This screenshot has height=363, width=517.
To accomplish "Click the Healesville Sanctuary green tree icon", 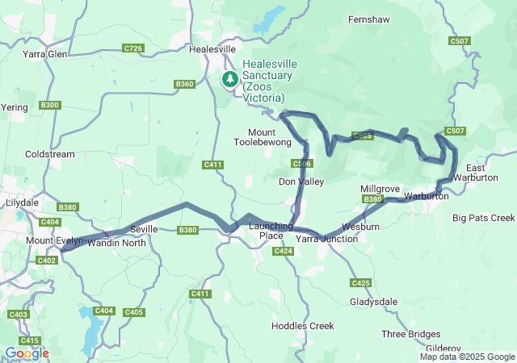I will [x=230, y=78].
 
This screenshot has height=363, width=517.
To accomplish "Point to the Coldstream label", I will [x=50, y=154].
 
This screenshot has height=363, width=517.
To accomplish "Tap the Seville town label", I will [x=143, y=229].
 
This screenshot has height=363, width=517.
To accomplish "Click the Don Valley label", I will [x=301, y=181].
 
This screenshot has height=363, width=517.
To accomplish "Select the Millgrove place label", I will [x=380, y=189].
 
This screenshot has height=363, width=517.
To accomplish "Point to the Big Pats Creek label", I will [x=483, y=218].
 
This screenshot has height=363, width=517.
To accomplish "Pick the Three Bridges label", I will [x=411, y=334].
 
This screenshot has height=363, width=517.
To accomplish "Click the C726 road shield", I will [x=134, y=49].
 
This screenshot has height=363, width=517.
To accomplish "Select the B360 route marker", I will [x=185, y=84].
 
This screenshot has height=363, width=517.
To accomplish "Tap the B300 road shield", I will [x=49, y=105].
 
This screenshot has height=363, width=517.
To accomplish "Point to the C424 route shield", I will [x=283, y=252].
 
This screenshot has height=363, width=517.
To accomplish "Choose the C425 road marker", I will [x=360, y=282].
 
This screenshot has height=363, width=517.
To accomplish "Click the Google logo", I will [x=26, y=353].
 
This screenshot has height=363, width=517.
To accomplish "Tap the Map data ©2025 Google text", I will [x=467, y=357].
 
